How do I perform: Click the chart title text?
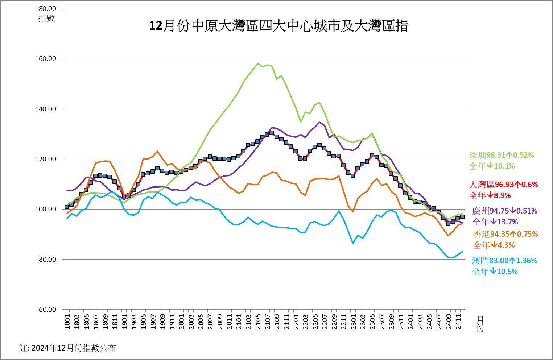pyautogui.click(x=278, y=26)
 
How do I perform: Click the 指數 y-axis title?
pyautogui.click(x=46, y=18)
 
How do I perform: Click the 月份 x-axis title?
pyautogui.click(x=480, y=324)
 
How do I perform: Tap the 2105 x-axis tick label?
pyautogui.click(x=258, y=322)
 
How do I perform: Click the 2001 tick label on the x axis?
pyautogui.click(x=182, y=322)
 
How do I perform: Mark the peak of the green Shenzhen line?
pyautogui.click(x=258, y=64)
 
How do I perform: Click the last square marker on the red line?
pyautogui.click(x=462, y=217)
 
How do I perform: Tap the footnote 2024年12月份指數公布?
pyautogui.click(x=68, y=348)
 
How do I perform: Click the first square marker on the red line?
pyautogui.click(x=67, y=207)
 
